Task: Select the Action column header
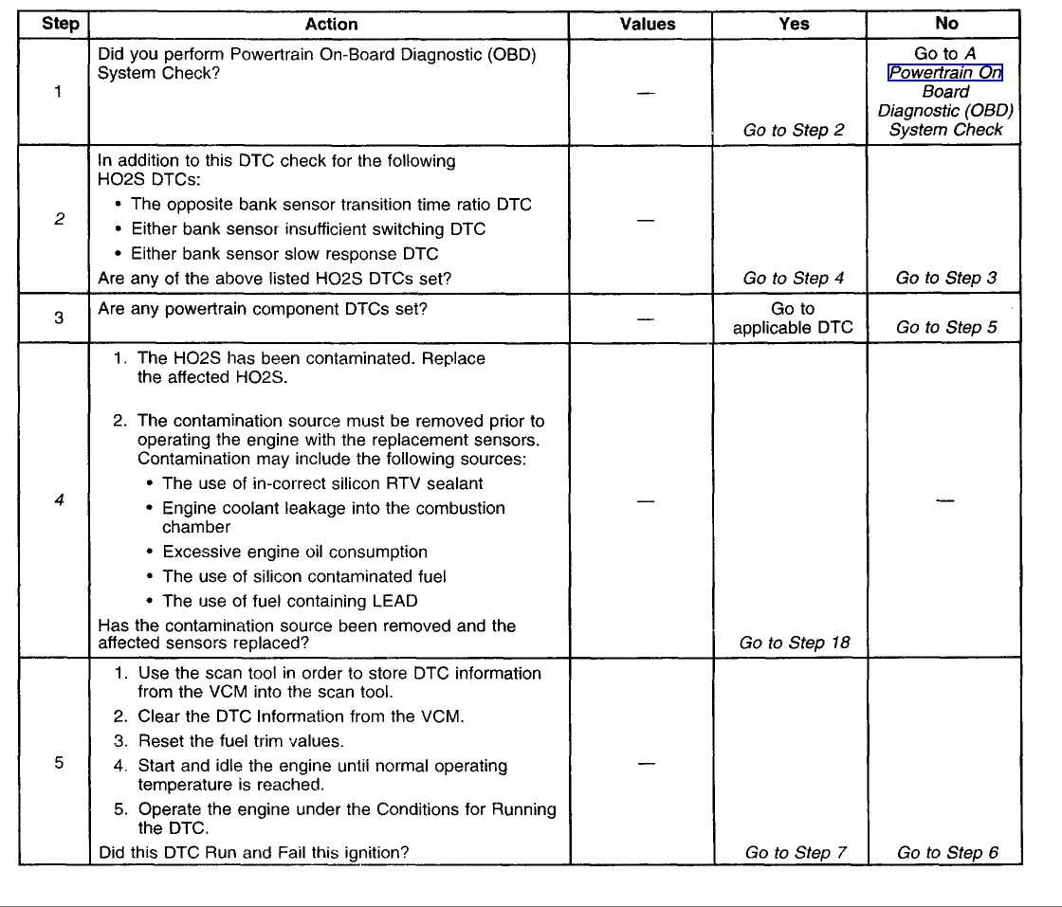[x=331, y=25]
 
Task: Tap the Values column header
[x=648, y=25]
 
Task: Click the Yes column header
[x=794, y=25]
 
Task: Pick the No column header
[x=945, y=25]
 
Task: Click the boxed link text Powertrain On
[x=945, y=73]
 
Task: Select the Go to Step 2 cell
[x=794, y=130]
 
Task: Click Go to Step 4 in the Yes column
[x=794, y=278]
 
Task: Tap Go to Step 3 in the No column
[x=945, y=278]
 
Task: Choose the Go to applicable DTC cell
[x=794, y=318]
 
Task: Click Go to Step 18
[x=795, y=643]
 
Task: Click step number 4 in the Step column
[x=59, y=500]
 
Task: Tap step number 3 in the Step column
[x=59, y=318]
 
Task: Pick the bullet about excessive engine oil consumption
[x=295, y=552]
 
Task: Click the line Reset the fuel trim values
[x=241, y=741]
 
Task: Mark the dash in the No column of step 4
[x=944, y=501]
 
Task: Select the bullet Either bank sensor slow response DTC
[x=284, y=253]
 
